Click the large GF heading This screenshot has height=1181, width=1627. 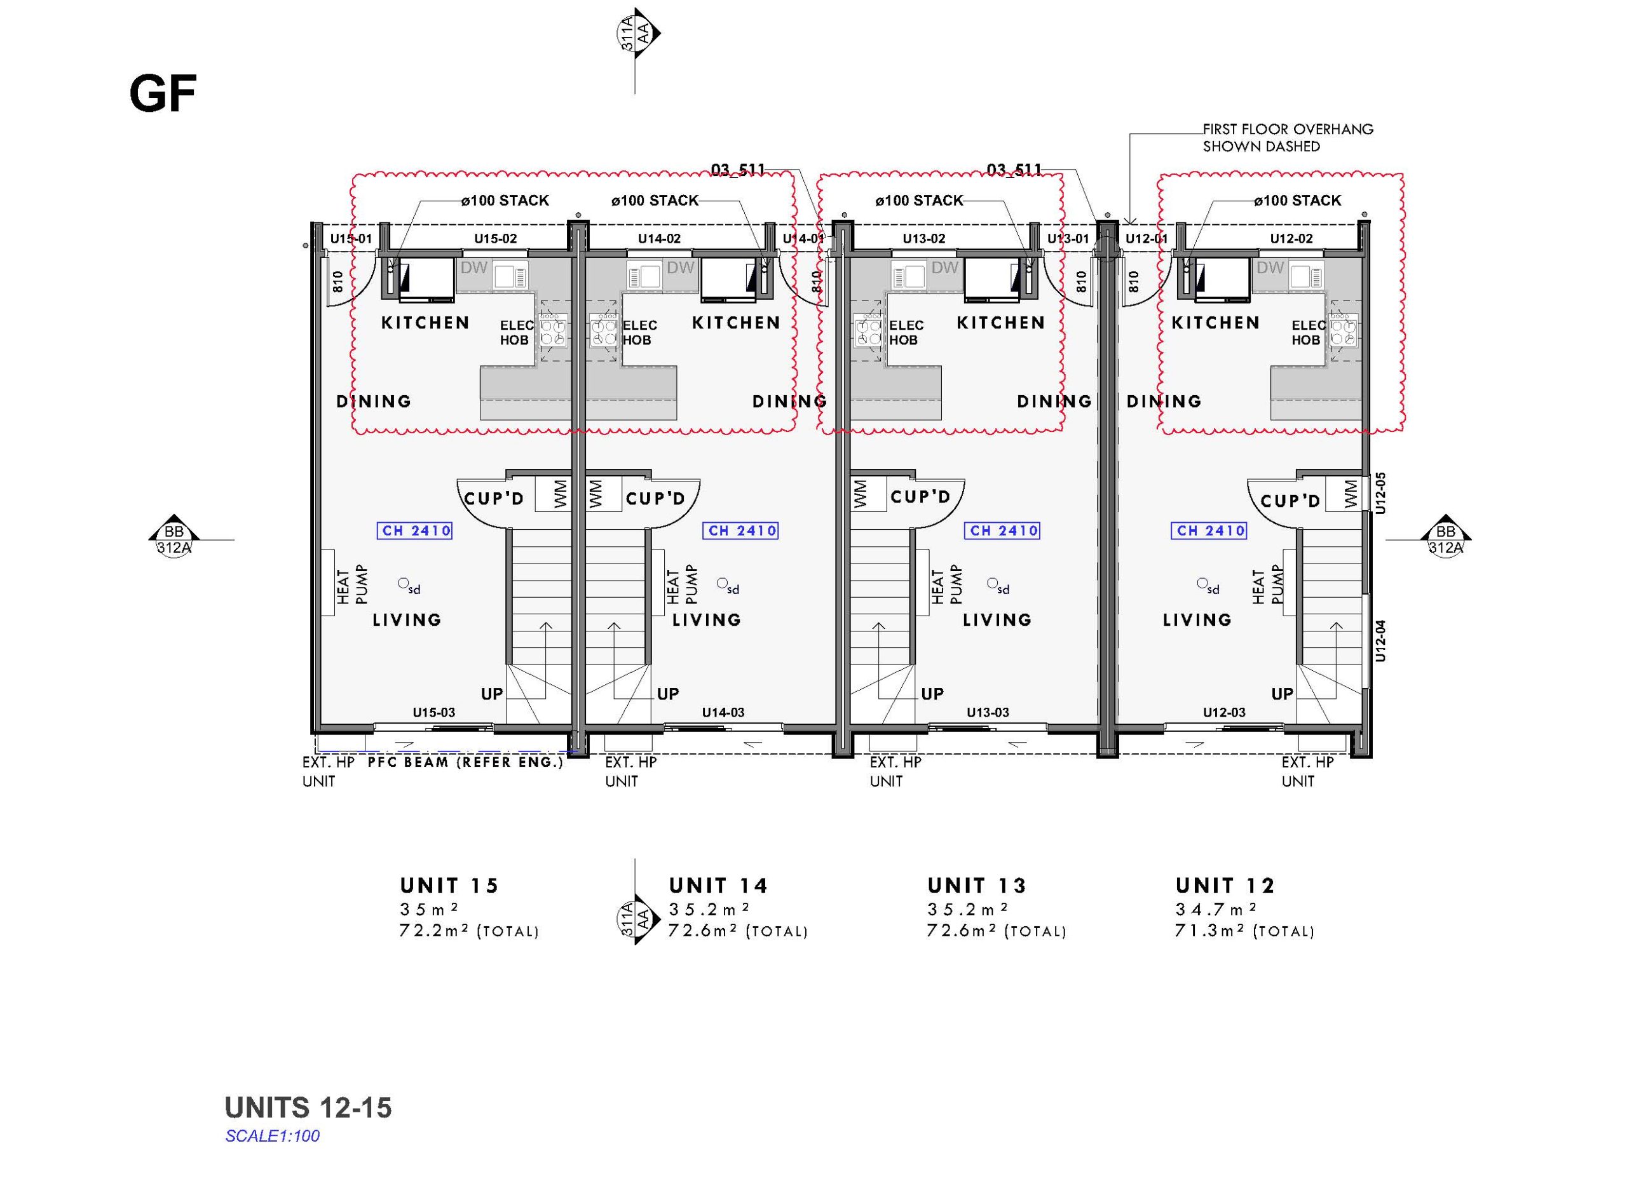162,94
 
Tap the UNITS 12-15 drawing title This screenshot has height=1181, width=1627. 308,1108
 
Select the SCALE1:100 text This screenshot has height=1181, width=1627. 273,1136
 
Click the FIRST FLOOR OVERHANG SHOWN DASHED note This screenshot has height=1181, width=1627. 1288,138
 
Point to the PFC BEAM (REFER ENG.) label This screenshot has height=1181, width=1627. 466,762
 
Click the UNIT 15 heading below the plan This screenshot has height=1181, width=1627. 449,886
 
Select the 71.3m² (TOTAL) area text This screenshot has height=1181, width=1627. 1244,931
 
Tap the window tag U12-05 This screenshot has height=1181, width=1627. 1381,492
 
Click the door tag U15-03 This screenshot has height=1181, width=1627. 433,712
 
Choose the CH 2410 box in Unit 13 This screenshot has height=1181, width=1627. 1002,530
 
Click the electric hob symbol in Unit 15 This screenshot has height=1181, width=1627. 553,330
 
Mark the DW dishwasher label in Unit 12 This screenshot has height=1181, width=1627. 1270,267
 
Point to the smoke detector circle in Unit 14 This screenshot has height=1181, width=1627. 723,584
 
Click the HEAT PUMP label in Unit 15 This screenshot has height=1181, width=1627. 352,584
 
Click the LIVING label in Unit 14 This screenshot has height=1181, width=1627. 707,619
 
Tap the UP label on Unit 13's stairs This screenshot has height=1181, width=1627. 932,694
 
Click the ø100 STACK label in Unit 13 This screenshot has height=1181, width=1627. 919,201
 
